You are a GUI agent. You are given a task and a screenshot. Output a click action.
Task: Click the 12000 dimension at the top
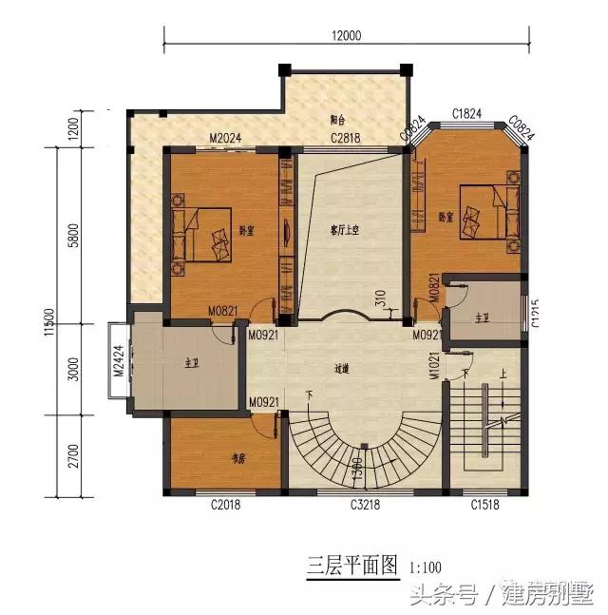click(x=347, y=36)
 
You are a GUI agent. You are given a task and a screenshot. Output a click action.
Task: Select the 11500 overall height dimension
click(x=49, y=323)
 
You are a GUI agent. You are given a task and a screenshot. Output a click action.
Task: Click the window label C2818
click(x=346, y=139)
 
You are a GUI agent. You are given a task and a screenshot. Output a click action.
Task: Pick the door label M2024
click(x=225, y=139)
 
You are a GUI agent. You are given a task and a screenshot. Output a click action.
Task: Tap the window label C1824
click(x=467, y=115)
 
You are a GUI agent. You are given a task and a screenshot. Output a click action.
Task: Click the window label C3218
click(x=366, y=506)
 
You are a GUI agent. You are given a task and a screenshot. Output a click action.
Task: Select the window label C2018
click(x=225, y=506)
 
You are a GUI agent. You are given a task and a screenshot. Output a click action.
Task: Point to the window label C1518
click(x=484, y=506)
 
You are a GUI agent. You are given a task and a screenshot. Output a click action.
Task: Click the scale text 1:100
click(x=427, y=568)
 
